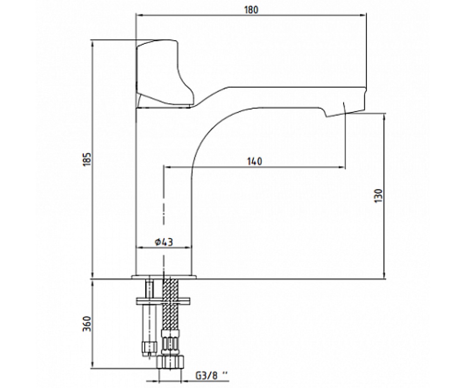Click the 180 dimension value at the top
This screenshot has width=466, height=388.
251,10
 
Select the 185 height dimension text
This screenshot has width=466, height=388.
87,159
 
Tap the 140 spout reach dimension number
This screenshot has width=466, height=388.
255,161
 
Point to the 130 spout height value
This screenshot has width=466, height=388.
379,196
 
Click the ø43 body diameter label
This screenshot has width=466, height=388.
164,242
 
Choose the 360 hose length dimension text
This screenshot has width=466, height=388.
87,324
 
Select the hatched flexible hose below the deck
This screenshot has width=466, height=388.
171,305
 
